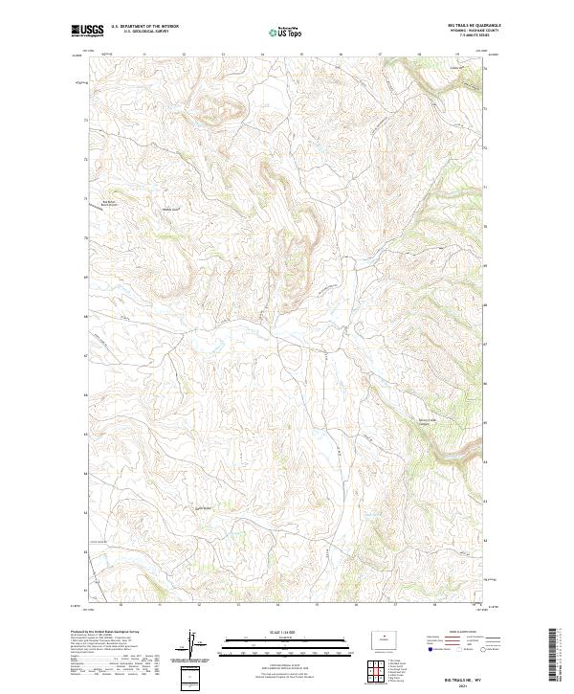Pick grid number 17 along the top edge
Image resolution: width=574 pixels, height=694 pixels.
(x=380, y=55)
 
